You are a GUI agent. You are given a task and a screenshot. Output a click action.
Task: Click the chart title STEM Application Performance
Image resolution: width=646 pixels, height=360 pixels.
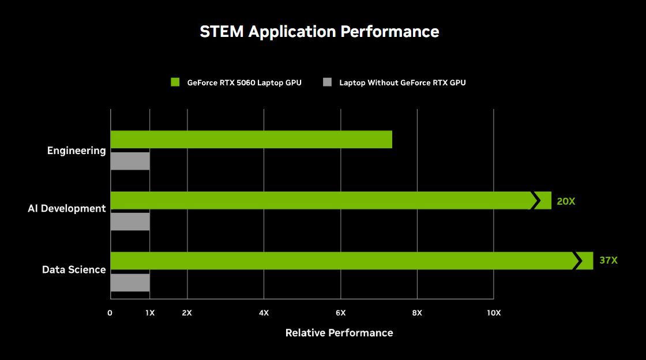[x=319, y=31]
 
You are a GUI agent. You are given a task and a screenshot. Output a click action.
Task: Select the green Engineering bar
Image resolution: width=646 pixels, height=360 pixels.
[x=251, y=140]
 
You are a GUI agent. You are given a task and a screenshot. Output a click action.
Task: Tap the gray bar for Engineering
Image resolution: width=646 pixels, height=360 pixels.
[x=130, y=161]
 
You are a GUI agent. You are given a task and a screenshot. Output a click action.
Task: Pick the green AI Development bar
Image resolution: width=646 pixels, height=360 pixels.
[x=320, y=200]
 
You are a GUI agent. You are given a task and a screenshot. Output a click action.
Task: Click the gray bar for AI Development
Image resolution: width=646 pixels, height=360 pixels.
[x=130, y=222]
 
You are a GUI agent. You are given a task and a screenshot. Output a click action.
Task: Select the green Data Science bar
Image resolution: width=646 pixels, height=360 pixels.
[x=340, y=261]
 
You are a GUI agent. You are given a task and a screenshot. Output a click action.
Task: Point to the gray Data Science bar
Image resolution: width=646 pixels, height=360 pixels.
[x=130, y=283]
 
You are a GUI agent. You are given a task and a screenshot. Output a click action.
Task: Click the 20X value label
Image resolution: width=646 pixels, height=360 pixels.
[x=566, y=201]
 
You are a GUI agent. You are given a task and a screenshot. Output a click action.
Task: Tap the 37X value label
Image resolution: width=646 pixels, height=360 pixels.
[x=608, y=260]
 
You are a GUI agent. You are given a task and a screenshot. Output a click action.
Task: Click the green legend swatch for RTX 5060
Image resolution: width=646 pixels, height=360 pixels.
[x=175, y=82]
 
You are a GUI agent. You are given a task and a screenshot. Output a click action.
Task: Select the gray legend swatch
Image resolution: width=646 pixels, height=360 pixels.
[x=328, y=82]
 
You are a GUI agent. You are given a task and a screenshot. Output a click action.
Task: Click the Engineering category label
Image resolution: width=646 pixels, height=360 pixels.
[x=77, y=151]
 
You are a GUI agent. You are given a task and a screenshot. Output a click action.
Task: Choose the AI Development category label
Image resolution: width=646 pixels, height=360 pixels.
[x=67, y=208]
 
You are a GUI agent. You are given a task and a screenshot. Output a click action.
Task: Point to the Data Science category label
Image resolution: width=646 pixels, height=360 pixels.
[x=74, y=269]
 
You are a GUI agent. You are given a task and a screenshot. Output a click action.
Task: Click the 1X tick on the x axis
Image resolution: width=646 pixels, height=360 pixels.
[x=149, y=313]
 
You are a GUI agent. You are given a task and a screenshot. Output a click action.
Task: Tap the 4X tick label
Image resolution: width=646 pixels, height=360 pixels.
[x=264, y=313]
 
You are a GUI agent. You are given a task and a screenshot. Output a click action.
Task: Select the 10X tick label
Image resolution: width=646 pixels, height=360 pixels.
[x=493, y=313]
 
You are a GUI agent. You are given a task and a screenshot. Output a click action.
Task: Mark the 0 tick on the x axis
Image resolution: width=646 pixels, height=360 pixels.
[x=110, y=313]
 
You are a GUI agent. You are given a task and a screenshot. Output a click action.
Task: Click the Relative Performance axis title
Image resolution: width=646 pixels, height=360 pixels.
[x=339, y=333]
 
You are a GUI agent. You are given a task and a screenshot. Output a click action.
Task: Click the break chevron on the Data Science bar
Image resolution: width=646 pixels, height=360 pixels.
[x=576, y=261]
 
